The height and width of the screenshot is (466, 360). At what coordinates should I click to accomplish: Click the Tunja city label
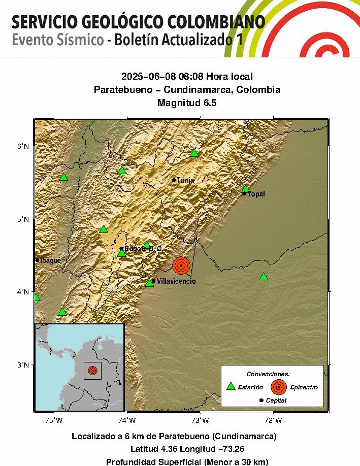click(185, 180)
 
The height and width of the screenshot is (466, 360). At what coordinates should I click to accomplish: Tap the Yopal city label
click(256, 194)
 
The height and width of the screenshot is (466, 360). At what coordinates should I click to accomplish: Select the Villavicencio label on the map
click(176, 281)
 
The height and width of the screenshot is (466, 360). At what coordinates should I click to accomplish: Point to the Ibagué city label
click(50, 260)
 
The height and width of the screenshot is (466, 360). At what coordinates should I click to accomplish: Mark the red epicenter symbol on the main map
click(181, 265)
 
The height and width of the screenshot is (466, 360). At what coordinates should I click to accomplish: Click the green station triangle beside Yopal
click(245, 188)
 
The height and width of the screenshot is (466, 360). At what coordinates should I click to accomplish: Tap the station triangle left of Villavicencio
click(149, 282)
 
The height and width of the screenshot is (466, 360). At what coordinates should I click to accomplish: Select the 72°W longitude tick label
click(273, 420)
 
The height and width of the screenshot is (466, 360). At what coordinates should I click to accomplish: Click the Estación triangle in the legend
click(231, 386)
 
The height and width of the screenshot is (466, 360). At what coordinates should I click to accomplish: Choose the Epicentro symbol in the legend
click(278, 387)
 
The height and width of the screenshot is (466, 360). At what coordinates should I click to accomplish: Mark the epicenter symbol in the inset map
click(92, 371)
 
